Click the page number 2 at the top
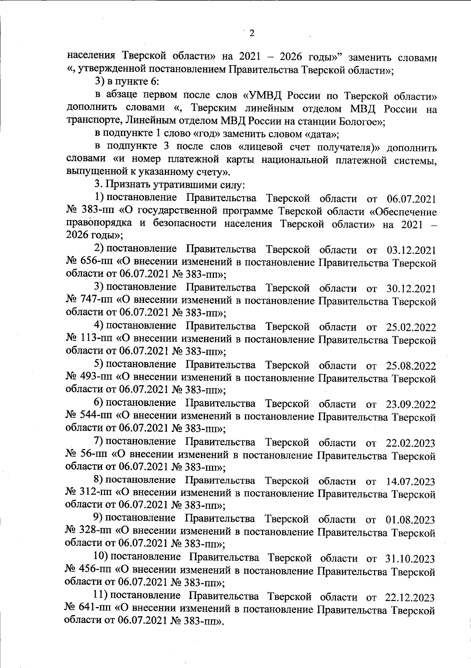coord(252,33)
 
